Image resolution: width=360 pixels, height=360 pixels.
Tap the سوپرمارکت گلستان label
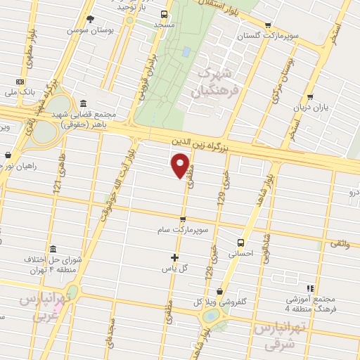click(x=259, y=36)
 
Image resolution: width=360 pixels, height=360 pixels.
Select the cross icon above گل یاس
click(x=175, y=257)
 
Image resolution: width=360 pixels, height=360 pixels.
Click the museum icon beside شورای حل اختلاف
click(x=53, y=249)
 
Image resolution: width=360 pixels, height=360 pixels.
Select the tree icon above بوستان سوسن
click(x=89, y=20)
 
